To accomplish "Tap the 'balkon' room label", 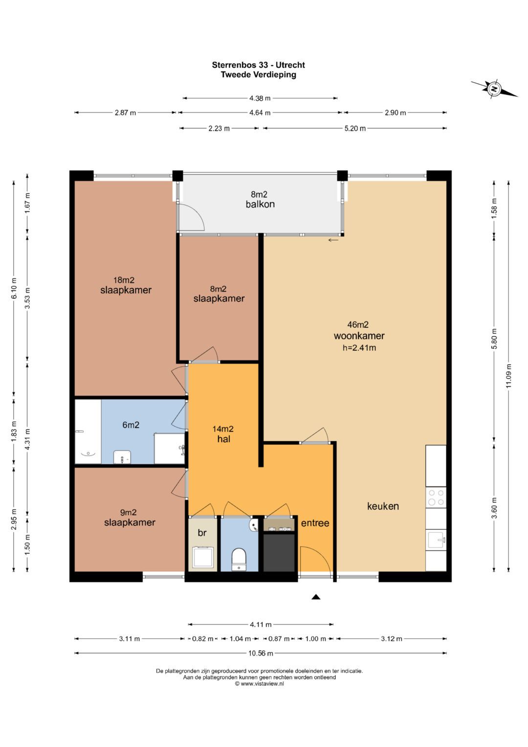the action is (260, 204).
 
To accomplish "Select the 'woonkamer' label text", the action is (359, 336).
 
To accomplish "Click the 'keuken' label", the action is (383, 506).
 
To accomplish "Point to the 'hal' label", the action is (224, 439).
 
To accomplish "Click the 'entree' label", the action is (315, 523).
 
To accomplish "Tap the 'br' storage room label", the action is (202, 533).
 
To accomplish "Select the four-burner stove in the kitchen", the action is (436, 497).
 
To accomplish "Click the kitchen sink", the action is (436, 540).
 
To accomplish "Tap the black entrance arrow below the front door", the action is (316, 597).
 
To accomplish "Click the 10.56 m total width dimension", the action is (261, 653).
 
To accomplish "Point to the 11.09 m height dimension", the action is (508, 376).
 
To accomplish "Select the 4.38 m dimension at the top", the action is (260, 98).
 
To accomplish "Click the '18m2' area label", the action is (124, 280).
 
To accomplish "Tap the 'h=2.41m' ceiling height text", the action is (359, 348).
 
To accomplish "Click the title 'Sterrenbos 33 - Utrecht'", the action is (258, 65).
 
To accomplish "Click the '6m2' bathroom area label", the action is (131, 425).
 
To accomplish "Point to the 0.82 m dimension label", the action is (203, 638).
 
